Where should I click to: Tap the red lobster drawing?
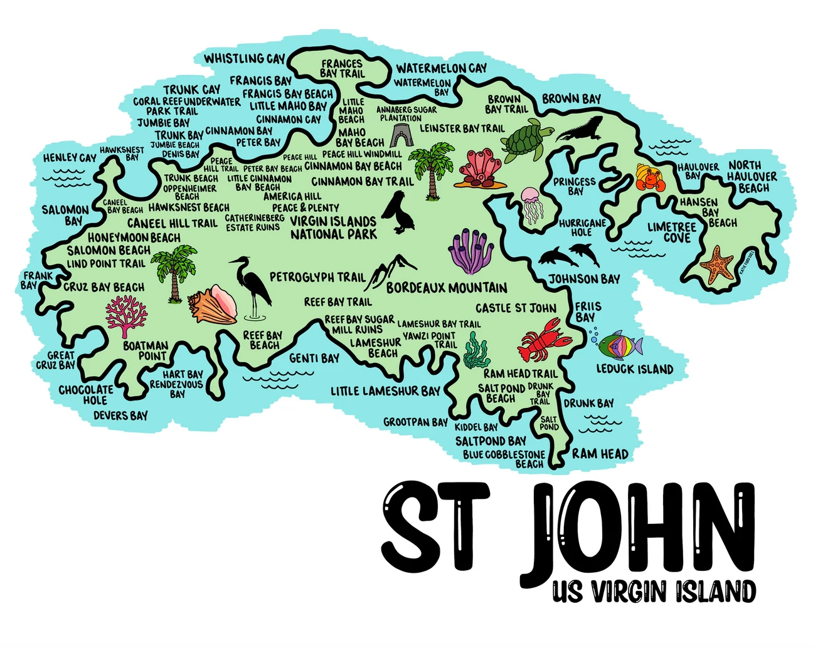point(543,340)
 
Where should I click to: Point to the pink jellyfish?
point(531,205)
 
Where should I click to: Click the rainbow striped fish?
point(619,344)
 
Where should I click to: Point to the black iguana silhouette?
point(580,130)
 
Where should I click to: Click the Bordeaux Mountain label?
point(447,288)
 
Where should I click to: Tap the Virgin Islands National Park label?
point(333,228)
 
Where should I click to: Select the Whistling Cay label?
point(245,59)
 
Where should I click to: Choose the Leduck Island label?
point(634,369)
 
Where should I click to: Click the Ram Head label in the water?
point(600,454)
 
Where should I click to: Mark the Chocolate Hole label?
point(86,395)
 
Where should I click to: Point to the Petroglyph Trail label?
point(317,277)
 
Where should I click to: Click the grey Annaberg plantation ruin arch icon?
point(399,135)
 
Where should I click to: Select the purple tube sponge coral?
point(471,251)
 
